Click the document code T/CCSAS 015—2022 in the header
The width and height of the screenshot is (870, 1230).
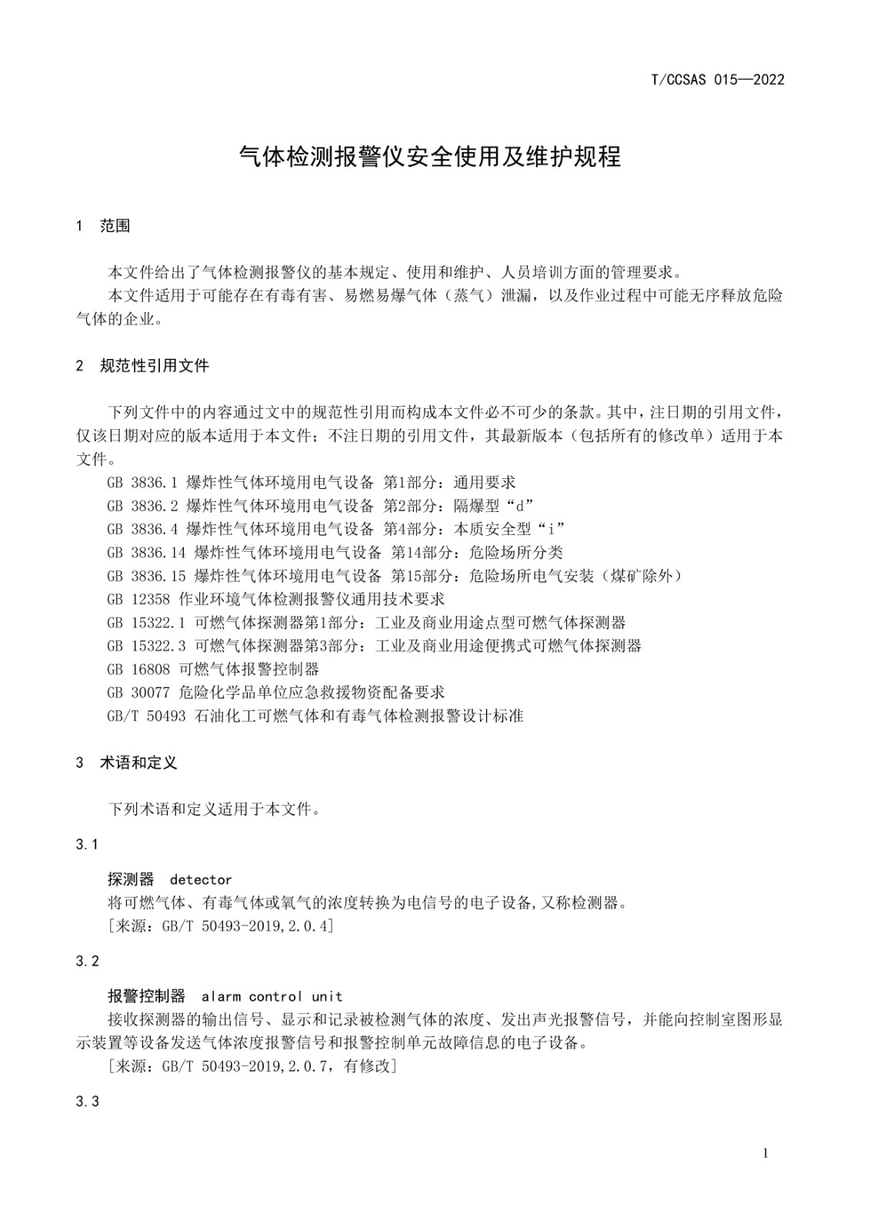717,79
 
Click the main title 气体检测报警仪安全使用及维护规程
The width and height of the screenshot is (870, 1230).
430,156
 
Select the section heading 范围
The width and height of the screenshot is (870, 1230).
115,226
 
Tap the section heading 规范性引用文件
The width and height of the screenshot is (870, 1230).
154,366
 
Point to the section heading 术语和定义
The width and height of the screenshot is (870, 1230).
138,763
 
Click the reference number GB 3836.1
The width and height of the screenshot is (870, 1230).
143,483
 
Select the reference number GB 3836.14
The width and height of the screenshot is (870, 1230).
147,552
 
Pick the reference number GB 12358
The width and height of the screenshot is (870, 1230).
138,599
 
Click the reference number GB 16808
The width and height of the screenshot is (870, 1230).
138,669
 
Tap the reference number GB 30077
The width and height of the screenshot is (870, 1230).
138,693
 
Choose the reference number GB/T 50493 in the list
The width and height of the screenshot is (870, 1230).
147,716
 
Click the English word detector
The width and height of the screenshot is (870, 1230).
201,879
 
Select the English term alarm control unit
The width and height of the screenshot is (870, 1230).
272,996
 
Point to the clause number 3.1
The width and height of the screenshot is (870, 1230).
88,845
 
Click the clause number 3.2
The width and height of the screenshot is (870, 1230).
88,961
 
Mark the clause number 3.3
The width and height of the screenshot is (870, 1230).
88,1102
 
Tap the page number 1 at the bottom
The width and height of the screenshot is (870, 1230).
765,1153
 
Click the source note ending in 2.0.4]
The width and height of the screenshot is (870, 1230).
221,926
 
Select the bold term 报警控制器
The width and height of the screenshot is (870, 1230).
146,996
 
